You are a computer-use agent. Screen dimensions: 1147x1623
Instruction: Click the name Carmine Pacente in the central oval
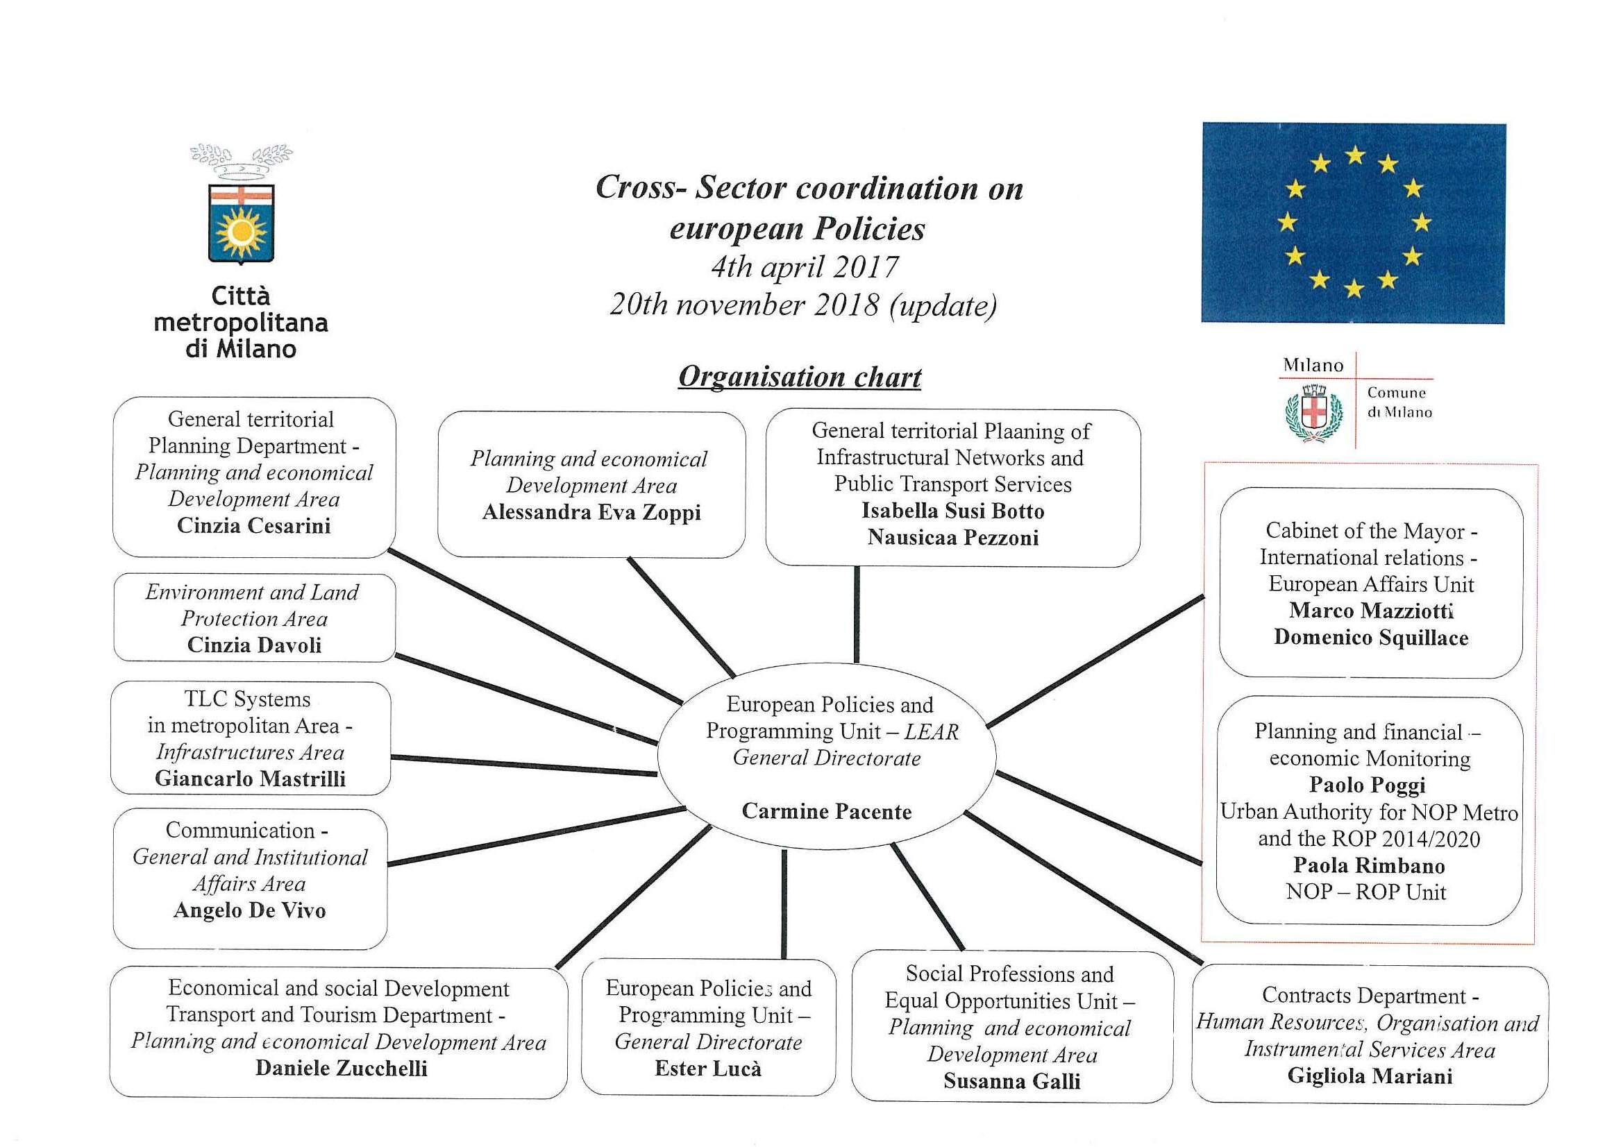826,810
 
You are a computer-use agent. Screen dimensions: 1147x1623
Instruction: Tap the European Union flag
1353,223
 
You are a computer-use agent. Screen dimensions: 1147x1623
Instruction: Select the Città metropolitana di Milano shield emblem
241,223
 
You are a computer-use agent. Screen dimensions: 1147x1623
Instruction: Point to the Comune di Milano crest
1313,414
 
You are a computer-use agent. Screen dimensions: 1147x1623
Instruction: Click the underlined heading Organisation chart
800,377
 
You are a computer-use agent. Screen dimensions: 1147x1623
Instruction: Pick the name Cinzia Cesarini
254,525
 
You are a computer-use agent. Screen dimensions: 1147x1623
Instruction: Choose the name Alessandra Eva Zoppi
591,511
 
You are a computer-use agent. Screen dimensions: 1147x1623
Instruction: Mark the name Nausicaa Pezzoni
953,537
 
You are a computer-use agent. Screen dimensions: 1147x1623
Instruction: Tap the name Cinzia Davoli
255,645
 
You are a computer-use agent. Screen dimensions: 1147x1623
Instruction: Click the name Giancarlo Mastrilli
250,778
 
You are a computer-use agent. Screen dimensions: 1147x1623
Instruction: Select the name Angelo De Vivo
249,910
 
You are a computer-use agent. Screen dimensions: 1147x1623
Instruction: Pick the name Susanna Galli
1011,1080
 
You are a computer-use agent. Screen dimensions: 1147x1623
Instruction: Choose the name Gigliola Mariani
1370,1076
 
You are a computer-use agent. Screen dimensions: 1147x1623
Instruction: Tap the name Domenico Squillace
1370,638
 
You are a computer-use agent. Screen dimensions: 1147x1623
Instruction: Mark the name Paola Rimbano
1368,865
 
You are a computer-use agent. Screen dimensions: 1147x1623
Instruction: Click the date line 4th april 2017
805,267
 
